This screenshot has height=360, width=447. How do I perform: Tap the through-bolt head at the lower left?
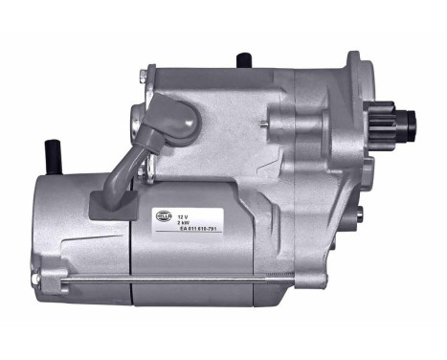click(x=34, y=279)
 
